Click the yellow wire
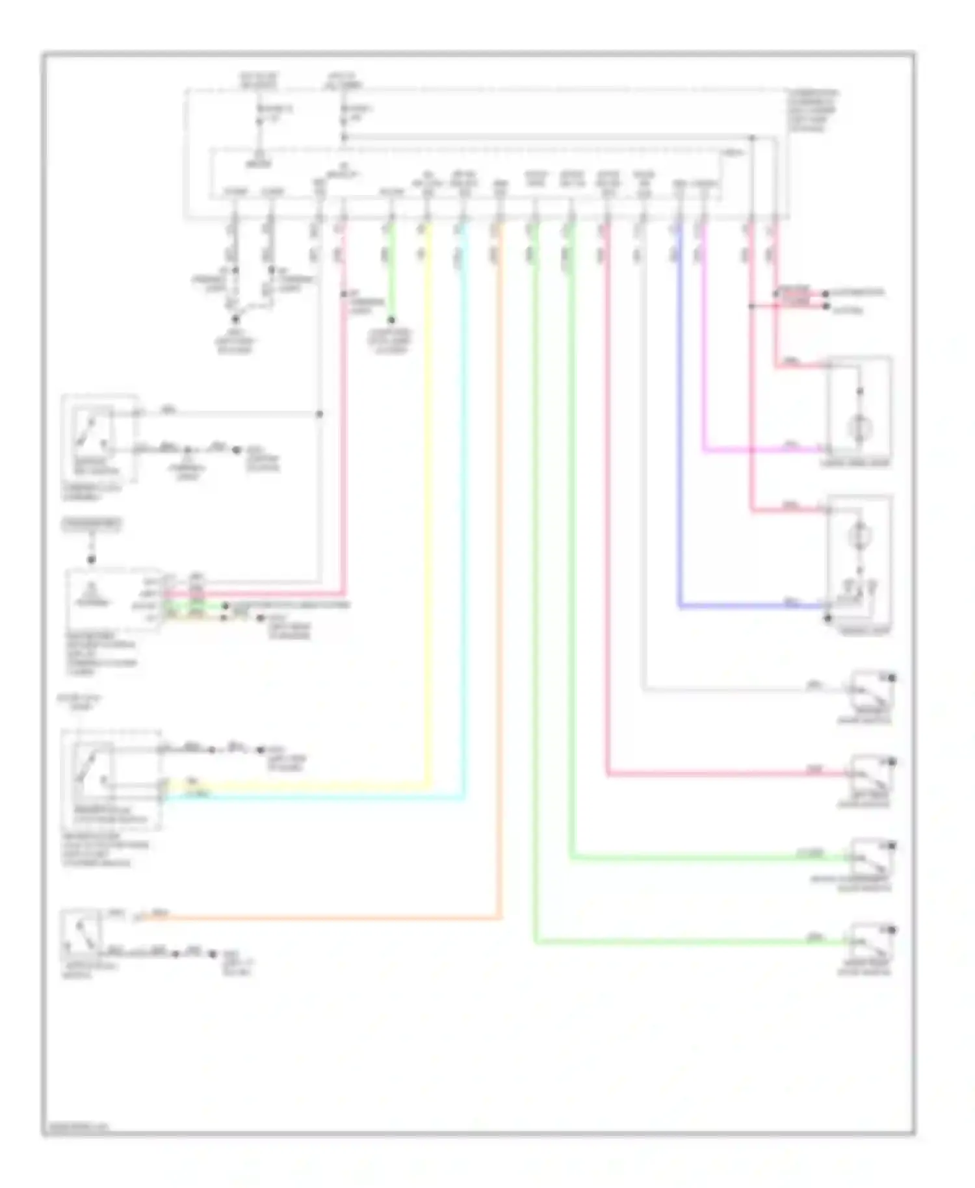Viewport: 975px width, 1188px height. (427, 520)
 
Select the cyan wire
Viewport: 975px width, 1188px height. (463, 520)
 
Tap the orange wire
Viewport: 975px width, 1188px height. (500, 585)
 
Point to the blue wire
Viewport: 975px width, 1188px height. (680, 455)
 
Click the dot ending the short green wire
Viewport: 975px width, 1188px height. (391, 320)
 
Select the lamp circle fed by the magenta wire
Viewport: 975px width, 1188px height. (859, 428)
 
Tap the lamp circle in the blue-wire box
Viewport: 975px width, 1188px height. (859, 536)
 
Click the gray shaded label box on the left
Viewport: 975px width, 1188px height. (92, 524)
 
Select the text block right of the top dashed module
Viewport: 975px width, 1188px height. (812, 110)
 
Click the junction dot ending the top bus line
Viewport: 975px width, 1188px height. (752, 138)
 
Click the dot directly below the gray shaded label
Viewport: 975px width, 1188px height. (92, 558)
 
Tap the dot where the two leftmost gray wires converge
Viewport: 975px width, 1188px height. (236, 319)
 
